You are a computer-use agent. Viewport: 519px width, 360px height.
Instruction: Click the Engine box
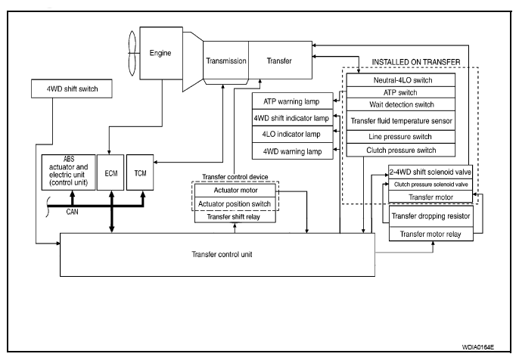[x=161, y=53]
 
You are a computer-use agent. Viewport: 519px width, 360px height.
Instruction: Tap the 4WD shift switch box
[x=71, y=88]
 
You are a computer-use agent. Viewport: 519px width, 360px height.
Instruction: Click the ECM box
[x=110, y=172]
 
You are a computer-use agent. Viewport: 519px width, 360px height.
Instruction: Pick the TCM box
[x=140, y=172]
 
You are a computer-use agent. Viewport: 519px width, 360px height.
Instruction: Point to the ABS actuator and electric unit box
[x=69, y=172]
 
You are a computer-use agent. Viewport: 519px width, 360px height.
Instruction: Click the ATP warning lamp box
[x=292, y=101]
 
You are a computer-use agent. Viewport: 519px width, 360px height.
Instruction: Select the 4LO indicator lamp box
[x=292, y=135]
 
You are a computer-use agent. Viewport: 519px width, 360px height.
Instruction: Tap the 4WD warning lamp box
[x=292, y=151]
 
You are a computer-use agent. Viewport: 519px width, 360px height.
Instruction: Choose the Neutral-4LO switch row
[x=400, y=80]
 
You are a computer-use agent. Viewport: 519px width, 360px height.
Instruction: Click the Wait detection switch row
[x=400, y=104]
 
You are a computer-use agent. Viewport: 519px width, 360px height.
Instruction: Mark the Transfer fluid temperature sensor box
[x=400, y=121]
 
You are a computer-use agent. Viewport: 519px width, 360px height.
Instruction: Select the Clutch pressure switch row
[x=400, y=151]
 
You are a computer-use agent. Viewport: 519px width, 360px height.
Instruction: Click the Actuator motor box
[x=235, y=191]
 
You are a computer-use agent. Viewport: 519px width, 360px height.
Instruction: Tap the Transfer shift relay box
[x=235, y=217]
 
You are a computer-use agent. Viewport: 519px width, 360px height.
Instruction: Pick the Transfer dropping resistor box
[x=431, y=216]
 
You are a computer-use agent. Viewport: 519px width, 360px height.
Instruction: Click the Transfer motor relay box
[x=431, y=234]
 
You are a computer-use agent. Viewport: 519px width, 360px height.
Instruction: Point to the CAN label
[x=72, y=212]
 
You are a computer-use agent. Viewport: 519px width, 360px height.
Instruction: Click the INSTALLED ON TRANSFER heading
[x=416, y=62]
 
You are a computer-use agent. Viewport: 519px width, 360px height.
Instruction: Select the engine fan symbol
[x=132, y=53]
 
